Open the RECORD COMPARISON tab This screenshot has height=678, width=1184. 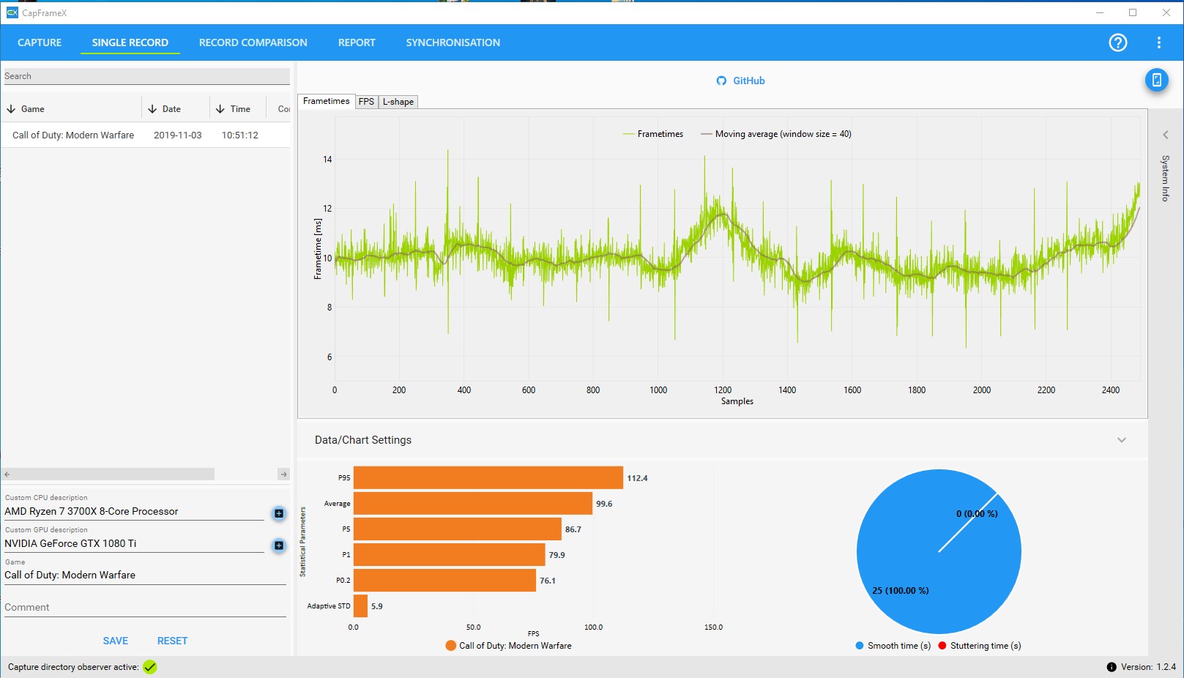[x=253, y=42]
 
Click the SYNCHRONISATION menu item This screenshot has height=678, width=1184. [x=453, y=42]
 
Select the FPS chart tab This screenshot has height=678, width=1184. [x=366, y=102]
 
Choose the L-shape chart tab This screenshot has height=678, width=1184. [x=398, y=102]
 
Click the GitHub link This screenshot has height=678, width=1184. [x=741, y=81]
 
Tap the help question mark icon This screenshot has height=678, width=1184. [x=1117, y=42]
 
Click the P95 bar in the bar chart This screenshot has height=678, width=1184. [x=488, y=477]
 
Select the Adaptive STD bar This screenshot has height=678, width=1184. [x=360, y=606]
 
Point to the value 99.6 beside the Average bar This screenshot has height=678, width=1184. [x=604, y=504]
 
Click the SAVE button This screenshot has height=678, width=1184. [x=115, y=641]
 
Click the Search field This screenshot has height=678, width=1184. [x=146, y=76]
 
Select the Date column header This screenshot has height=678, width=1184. [x=171, y=109]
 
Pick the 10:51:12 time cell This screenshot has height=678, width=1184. [x=240, y=135]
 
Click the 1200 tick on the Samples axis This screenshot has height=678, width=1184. [x=723, y=390]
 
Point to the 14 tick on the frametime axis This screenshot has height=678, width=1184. [x=327, y=159]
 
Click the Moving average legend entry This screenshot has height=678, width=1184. [x=776, y=134]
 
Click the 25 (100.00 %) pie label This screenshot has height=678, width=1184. [x=900, y=590]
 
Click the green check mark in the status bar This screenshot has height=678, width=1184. [x=150, y=667]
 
